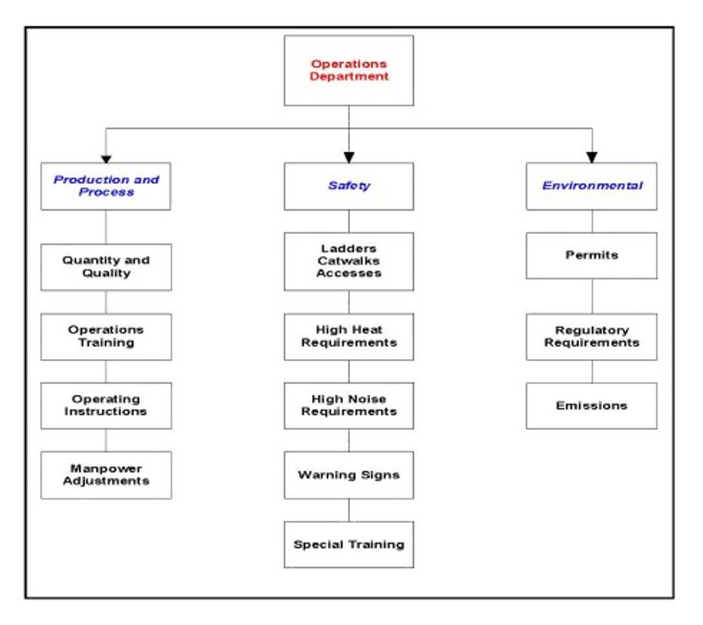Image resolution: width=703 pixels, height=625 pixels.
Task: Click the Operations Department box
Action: click(349, 70)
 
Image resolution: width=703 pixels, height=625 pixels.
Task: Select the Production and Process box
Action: click(105, 186)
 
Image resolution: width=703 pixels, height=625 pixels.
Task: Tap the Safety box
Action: click(349, 186)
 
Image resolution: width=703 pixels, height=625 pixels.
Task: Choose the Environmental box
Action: click(591, 186)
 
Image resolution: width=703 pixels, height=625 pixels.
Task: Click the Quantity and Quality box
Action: click(105, 267)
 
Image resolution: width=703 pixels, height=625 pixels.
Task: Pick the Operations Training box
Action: click(105, 336)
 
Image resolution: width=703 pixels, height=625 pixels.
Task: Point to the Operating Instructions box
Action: click(105, 406)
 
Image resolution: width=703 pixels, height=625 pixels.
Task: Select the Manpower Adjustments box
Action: click(105, 474)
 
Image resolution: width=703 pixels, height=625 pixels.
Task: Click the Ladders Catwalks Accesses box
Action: click(349, 261)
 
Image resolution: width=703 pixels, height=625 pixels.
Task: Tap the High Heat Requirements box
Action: click(349, 336)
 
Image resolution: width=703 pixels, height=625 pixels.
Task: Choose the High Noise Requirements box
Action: click(349, 406)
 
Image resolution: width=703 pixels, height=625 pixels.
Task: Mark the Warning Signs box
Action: click(349, 474)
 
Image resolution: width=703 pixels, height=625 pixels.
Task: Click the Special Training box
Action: click(349, 544)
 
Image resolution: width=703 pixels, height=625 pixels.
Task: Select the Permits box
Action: click(591, 255)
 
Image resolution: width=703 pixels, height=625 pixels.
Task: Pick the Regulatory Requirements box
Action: click(591, 336)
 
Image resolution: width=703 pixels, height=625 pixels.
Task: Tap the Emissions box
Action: click(591, 406)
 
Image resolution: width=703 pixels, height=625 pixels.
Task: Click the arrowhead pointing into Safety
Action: click(349, 156)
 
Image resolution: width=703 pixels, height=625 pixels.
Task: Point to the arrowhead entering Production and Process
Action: click(106, 156)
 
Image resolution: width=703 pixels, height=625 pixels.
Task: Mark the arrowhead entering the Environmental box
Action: click(592, 156)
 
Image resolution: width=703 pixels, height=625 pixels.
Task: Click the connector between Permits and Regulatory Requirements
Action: click(592, 296)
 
